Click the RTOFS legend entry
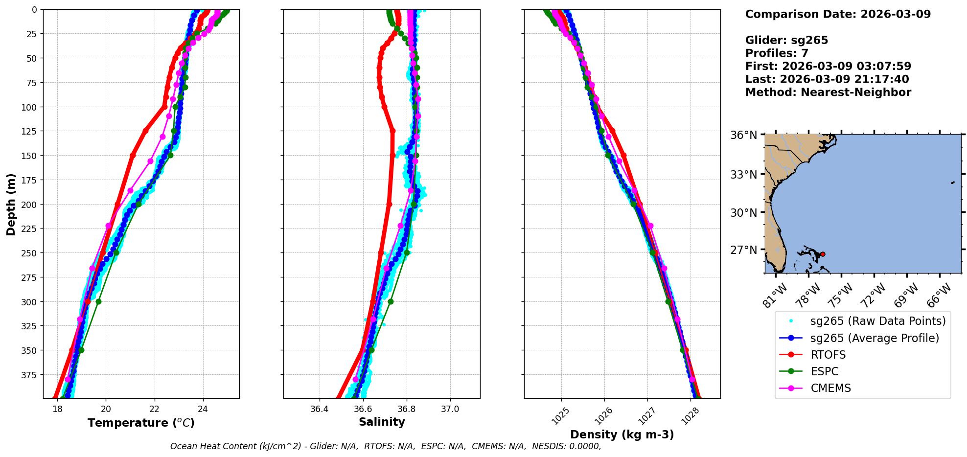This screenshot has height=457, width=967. [x=828, y=355]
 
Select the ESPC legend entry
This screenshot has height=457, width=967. [x=825, y=371]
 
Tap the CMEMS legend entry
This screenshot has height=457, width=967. [x=830, y=388]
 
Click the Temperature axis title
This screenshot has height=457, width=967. [x=141, y=423]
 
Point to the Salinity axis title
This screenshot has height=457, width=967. [x=382, y=422]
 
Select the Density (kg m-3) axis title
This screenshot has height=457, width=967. [x=622, y=434]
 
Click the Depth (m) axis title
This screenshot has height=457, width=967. [x=11, y=204]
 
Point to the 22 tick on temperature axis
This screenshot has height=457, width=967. [x=154, y=409]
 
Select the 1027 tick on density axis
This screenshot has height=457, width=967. [x=645, y=415]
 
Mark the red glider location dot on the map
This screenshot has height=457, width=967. [x=823, y=254]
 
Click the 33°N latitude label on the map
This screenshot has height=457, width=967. [x=744, y=175]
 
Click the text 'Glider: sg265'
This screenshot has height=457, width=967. [x=786, y=40]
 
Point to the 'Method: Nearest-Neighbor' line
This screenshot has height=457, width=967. [x=828, y=92]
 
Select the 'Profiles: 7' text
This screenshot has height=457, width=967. [x=777, y=53]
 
